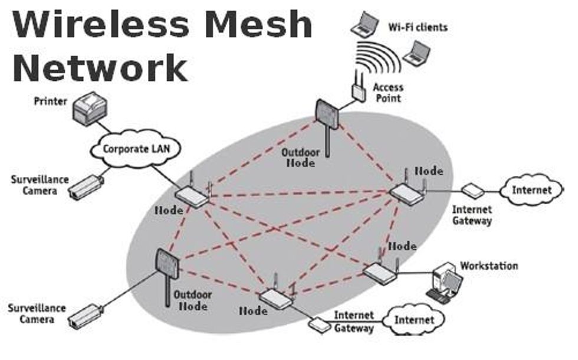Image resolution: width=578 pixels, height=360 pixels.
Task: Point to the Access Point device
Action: pyautogui.click(x=358, y=89)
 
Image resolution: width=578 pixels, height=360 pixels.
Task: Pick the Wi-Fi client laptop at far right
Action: pyautogui.click(x=417, y=54)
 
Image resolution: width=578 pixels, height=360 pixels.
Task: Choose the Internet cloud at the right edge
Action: pyautogui.click(x=531, y=190)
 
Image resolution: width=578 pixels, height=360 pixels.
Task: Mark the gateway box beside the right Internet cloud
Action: pyautogui.click(x=472, y=190)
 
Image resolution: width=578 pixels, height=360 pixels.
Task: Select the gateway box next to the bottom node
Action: pyautogui.click(x=319, y=324)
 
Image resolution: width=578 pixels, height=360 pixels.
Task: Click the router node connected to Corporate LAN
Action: pyautogui.click(x=192, y=197)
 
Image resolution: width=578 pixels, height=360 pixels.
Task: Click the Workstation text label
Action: pyautogui.click(x=489, y=266)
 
